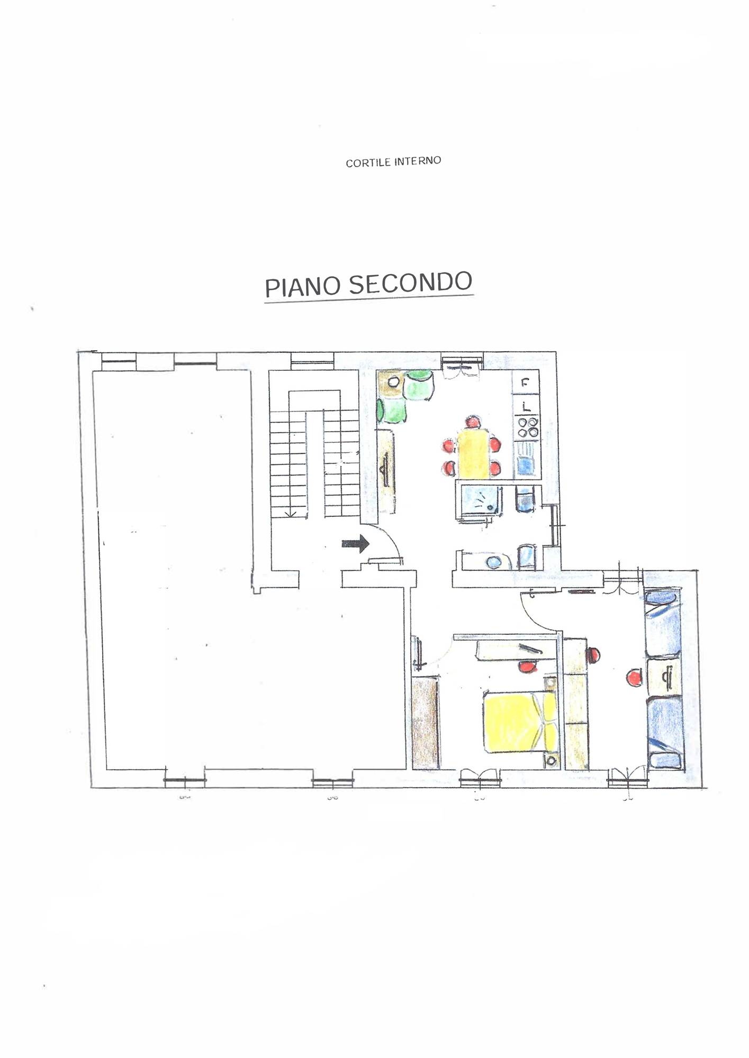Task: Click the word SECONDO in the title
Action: tap(410, 282)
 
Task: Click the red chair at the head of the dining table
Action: tap(473, 423)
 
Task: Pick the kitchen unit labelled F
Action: tap(526, 382)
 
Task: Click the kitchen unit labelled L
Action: tap(526, 406)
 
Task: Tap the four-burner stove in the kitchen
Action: tap(528, 427)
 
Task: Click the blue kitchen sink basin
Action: tap(528, 466)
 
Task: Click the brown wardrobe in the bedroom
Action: tap(426, 723)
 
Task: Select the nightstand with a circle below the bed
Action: tap(551, 760)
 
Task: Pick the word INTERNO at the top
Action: tap(417, 161)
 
